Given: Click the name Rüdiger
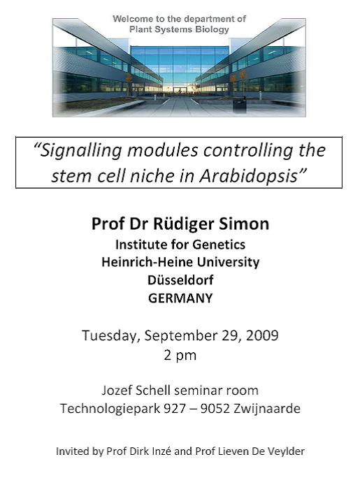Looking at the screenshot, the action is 184,224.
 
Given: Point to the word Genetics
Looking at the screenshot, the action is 219,245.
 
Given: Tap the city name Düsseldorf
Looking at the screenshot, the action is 180,279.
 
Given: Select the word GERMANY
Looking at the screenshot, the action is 180,298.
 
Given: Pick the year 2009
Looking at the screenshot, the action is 262,335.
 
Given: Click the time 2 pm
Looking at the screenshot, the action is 180,356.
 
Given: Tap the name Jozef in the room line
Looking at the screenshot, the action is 117,391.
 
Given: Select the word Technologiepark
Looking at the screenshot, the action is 110,409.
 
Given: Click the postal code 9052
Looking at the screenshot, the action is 215,408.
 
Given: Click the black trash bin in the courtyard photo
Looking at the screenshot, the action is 239,105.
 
